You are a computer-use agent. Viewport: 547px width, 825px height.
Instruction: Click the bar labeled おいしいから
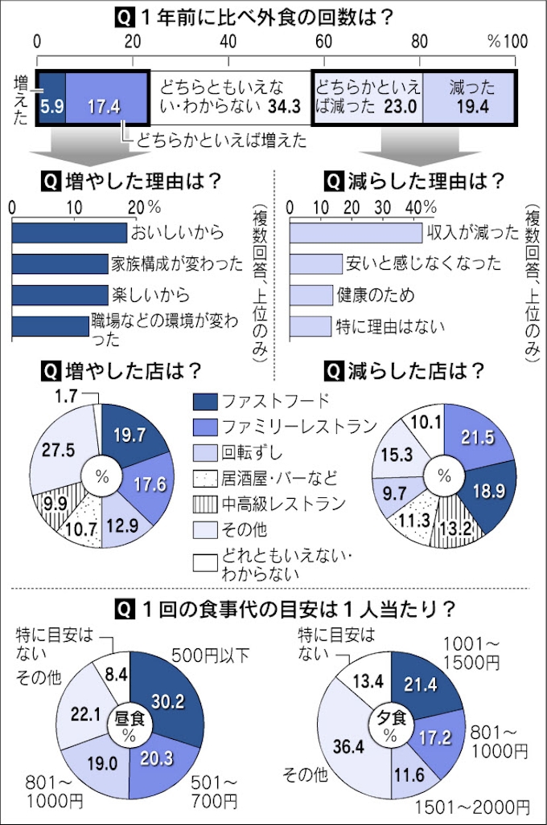pyautogui.click(x=70, y=233)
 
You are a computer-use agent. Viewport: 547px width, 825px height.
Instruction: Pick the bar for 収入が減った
pyautogui.click(x=355, y=233)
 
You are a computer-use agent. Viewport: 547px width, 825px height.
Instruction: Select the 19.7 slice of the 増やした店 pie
pyautogui.click(x=128, y=439)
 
